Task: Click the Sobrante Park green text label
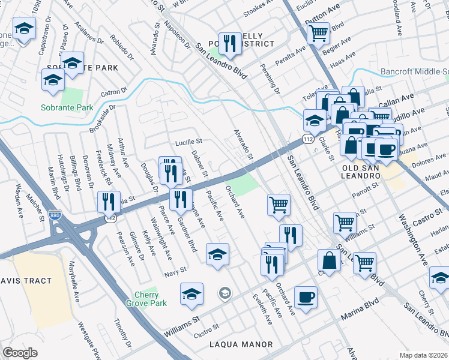67,108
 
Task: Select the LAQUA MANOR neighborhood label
241,344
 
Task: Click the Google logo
20,352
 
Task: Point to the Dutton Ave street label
322,13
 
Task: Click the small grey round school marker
225,293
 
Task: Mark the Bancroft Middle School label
414,72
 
